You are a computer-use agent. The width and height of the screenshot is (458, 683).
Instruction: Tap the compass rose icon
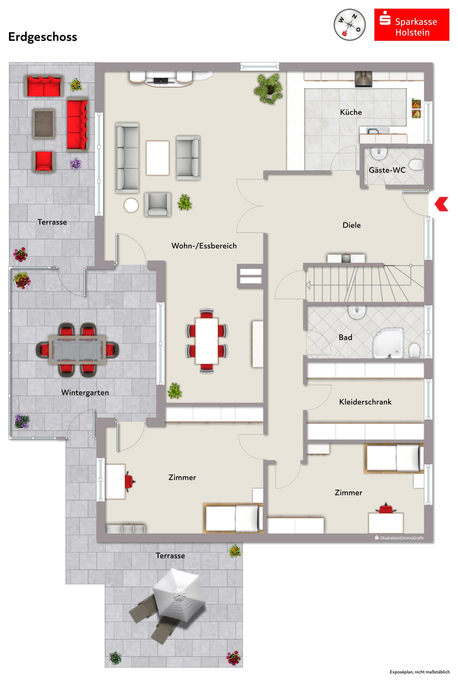tap(350, 25)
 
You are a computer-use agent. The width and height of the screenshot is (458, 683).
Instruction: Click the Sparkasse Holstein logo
tap(412, 25)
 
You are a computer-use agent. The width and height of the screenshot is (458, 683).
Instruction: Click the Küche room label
tap(351, 112)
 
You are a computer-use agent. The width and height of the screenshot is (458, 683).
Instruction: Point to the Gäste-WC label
tap(387, 170)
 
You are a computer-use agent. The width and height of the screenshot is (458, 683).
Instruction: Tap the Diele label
tap(351, 225)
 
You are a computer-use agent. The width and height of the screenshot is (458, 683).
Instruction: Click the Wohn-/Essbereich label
tap(204, 246)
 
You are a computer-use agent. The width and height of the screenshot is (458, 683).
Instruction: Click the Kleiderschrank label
tap(365, 402)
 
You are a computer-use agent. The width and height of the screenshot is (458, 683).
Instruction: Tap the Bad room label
tap(345, 337)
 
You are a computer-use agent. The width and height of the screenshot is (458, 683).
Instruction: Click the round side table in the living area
tap(131, 206)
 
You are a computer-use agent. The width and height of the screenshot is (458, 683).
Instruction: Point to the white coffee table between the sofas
tap(157, 158)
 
